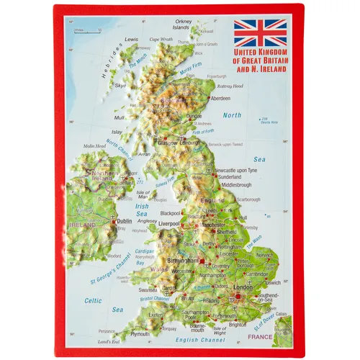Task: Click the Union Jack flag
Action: [x=260, y=33]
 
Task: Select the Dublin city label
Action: [x=125, y=221]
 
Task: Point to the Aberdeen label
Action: [x=220, y=97]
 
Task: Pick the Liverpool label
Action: [x=170, y=225]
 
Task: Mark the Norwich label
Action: [x=266, y=254]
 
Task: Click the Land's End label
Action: [x=109, y=341]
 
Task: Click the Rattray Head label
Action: [x=230, y=86]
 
